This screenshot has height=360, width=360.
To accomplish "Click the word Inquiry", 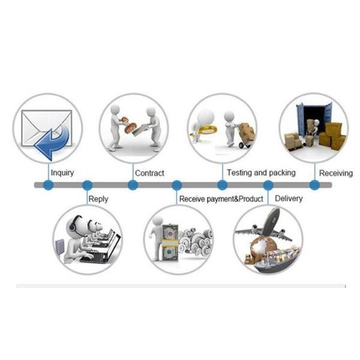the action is tap(62, 173).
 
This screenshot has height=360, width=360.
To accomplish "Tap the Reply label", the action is tap(98, 199).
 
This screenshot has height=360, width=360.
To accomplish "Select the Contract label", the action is tap(149, 173).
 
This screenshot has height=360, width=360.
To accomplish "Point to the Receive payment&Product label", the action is tap(221, 199).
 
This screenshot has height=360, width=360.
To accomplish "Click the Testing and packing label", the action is tap(261, 173).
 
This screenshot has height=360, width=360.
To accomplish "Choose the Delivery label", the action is tap(289, 199).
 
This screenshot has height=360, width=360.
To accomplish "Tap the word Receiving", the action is tap(336, 173).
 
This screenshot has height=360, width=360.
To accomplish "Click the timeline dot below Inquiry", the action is tap(48, 185).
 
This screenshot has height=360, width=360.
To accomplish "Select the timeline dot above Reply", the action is tap(87, 185).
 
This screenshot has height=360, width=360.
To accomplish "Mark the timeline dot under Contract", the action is tap(133, 185).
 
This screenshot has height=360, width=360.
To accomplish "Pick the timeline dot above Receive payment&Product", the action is tap(177, 185).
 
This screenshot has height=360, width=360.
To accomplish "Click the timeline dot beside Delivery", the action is tap(268, 185).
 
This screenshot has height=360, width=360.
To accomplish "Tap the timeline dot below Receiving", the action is tap(314, 185).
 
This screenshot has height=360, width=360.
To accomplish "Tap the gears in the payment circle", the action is tap(196, 241).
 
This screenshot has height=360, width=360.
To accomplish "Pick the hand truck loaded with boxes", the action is tap(245, 136).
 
